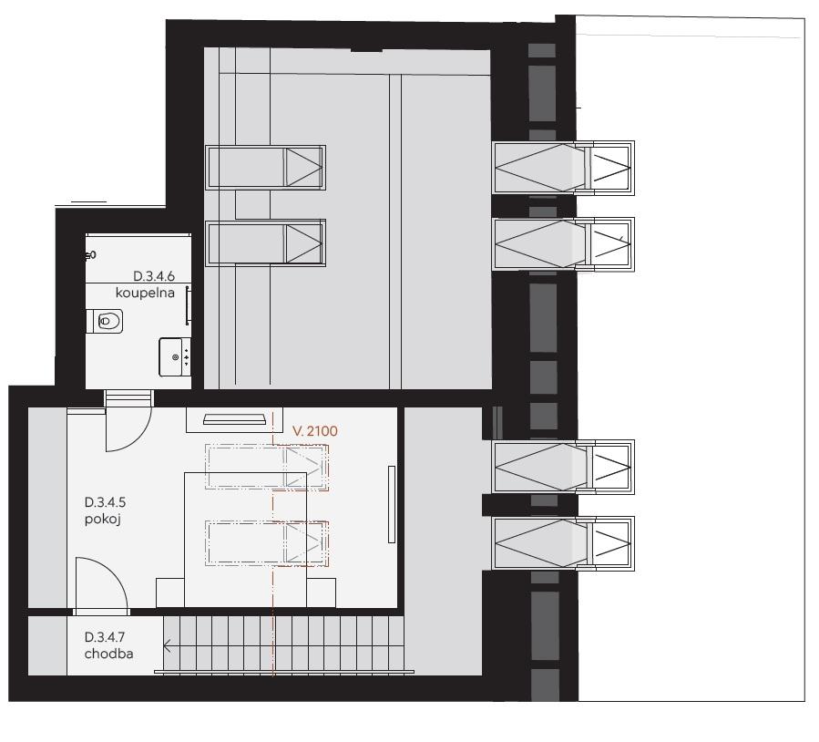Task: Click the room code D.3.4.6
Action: point(154,276)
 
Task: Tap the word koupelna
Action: point(145,293)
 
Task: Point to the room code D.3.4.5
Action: point(105,502)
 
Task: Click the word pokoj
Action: point(103,520)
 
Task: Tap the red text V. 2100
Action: point(315,431)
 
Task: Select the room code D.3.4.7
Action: point(105,637)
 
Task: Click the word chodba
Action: point(108,654)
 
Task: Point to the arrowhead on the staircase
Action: point(167,646)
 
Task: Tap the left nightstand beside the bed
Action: point(170,593)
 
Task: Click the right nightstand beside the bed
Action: point(322,593)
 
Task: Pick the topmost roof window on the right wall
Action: point(563,168)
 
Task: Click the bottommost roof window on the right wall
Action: point(563,543)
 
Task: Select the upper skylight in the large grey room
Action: point(265,167)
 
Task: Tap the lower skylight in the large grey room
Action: point(265,243)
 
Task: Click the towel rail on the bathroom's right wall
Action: point(188,306)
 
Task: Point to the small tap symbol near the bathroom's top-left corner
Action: point(91,255)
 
